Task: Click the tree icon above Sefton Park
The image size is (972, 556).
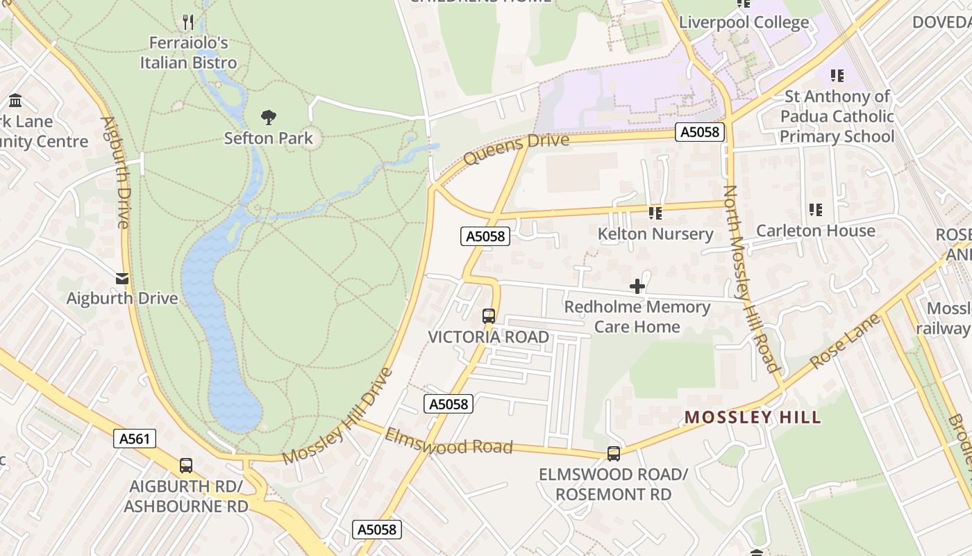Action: pyautogui.click(x=268, y=117)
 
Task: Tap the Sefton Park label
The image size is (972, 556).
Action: pyautogui.click(x=268, y=138)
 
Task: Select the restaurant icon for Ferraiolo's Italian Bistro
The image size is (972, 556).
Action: pyautogui.click(x=188, y=22)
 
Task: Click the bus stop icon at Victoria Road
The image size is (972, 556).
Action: pyautogui.click(x=488, y=316)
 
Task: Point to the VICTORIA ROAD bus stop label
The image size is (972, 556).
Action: pyautogui.click(x=488, y=337)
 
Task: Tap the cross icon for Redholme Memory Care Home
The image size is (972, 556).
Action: pyautogui.click(x=637, y=286)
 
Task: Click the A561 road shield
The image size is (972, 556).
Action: pyautogui.click(x=135, y=439)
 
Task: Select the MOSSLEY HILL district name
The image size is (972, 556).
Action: pyautogui.click(x=753, y=417)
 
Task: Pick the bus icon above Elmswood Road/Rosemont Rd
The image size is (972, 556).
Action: pyautogui.click(x=613, y=454)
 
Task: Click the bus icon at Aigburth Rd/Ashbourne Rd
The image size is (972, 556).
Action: pyautogui.click(x=185, y=466)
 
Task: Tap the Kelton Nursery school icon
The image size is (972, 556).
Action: pyautogui.click(x=655, y=213)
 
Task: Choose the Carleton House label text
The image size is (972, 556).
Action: pyautogui.click(x=815, y=230)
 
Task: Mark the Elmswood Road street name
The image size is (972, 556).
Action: pyautogui.click(x=449, y=442)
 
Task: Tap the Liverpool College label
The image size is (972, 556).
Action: pyautogui.click(x=744, y=22)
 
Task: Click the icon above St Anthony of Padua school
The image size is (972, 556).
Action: pyautogui.click(x=837, y=75)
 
